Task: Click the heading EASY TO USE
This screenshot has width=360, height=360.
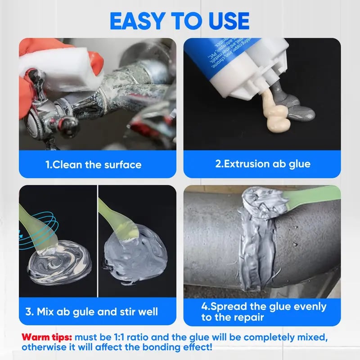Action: point(180,20)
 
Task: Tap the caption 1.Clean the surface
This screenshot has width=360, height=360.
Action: point(94,164)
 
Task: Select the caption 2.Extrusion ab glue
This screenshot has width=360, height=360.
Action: point(262,164)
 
